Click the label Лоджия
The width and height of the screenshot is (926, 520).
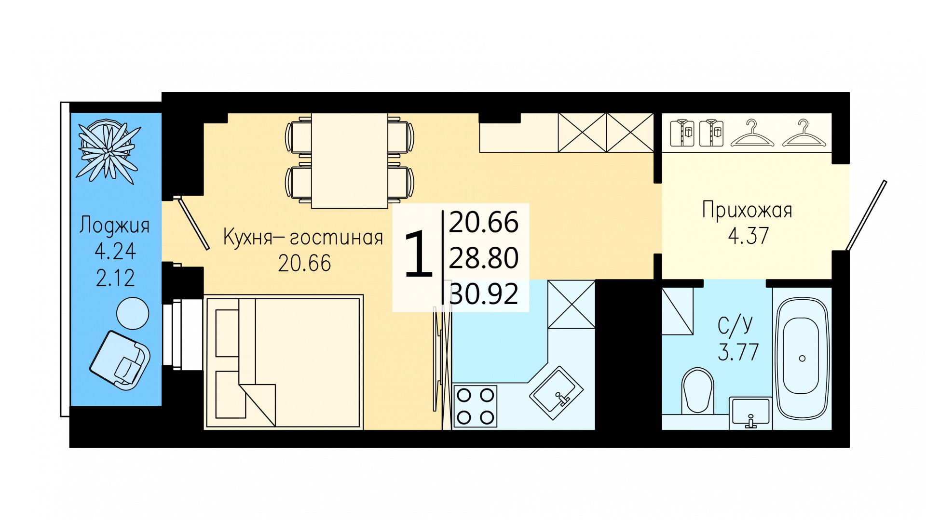tap(114, 226)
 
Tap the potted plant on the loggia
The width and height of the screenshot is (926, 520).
tap(109, 150)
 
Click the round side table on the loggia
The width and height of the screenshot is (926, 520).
tap(133, 314)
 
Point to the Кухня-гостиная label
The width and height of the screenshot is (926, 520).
tap(303, 238)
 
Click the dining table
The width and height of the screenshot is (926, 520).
tap(350, 160)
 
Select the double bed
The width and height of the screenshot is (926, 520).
tap(284, 362)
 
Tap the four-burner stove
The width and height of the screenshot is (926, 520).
tap(476, 406)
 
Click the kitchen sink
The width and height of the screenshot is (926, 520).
tap(557, 393)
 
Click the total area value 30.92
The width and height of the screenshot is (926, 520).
tap(484, 293)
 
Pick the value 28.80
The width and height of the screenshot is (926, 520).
tap(484, 258)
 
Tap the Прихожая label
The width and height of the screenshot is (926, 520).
tap(747, 211)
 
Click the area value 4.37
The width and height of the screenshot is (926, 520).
tap(748, 236)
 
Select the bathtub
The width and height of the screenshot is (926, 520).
tap(802, 359)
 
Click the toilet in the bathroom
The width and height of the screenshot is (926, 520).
tap(698, 391)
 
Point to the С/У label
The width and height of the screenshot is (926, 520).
tap(735, 325)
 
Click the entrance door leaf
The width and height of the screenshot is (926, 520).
tap(866, 215)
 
